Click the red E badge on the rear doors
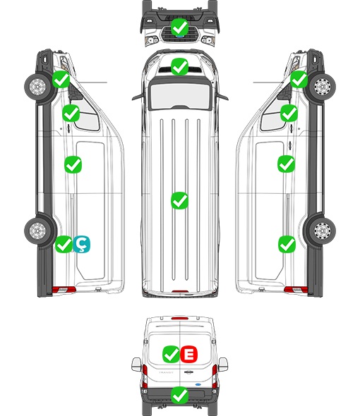pyautogui.click(x=189, y=354)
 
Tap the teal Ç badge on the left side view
pyautogui.click(x=82, y=244)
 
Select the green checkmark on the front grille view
pyautogui.click(x=179, y=27)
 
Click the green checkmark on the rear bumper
pyautogui.click(x=179, y=396)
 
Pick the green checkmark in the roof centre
pyautogui.click(x=179, y=200)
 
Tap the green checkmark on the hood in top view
pyautogui.click(x=179, y=66)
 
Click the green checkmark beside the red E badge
pyautogui.click(x=171, y=354)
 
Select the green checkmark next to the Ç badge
pyautogui.click(x=64, y=244)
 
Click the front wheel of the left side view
pyautogui.click(x=37, y=86)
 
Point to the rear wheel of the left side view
pyautogui.click(x=37, y=230)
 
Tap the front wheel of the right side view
pyautogui.click(x=323, y=86)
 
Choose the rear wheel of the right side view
pyautogui.click(x=323, y=230)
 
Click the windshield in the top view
pyautogui.click(x=180, y=96)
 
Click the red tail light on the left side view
pyautogui.click(x=64, y=290)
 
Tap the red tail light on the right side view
pyautogui.click(x=296, y=290)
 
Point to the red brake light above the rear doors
pyautogui.click(x=180, y=318)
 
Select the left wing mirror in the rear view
pyautogui.click(x=136, y=365)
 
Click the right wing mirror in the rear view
pyautogui.click(x=223, y=365)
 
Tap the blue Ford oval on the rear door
pyautogui.click(x=198, y=384)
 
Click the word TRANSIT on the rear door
pyautogui.click(x=166, y=372)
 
